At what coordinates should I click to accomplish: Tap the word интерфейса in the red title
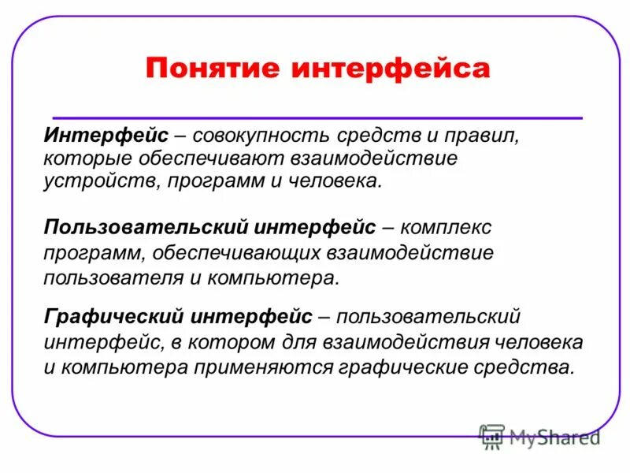coord(391,68)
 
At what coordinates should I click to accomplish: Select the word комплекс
coord(447,229)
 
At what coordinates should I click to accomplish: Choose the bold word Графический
coord(113,318)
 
